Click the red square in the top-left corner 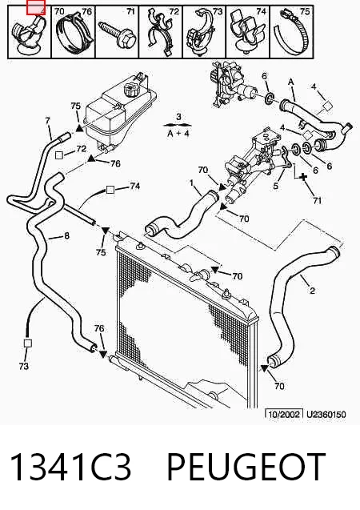pos(36,7)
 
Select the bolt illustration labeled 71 pos(118,34)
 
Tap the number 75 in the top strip pos(305,11)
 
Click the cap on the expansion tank pos(131,90)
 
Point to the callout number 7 pos(48,121)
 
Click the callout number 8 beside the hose pos(66,235)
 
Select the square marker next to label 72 pos(59,155)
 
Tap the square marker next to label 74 pos(110,190)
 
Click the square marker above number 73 pos(28,343)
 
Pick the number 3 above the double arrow pos(178,116)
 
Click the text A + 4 pos(178,133)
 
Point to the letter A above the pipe pos(290,82)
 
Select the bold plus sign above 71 pos(303,177)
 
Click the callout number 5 pos(275,186)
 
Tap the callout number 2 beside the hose pos(312,290)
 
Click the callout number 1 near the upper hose pos(192,183)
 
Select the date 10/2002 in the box pos(284,415)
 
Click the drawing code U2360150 pos(326,415)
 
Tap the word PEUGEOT pos(246,467)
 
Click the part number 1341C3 pos(71,467)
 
